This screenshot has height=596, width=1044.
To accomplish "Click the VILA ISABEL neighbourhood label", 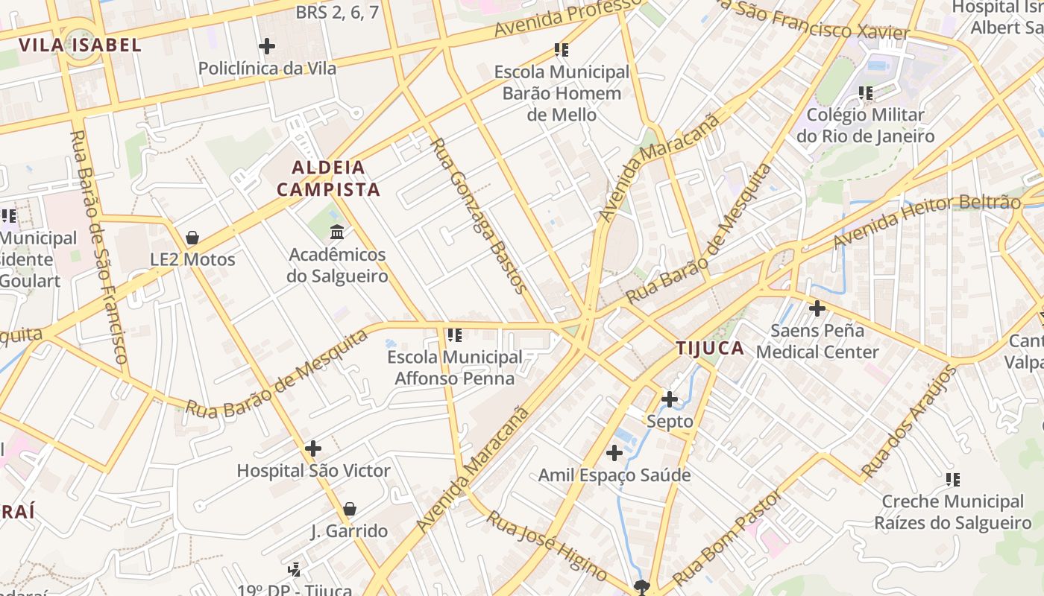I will tap(80, 45).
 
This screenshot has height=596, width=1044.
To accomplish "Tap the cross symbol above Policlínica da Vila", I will tap(267, 46).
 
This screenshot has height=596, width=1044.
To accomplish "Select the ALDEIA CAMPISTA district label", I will tap(329, 178).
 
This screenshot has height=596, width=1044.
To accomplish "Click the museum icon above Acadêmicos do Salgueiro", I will tap(337, 232).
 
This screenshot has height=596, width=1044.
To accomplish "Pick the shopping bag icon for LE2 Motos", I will tap(192, 238).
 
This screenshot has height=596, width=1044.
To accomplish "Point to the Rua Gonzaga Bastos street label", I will tap(479, 215).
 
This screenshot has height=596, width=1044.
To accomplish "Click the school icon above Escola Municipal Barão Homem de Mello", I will tap(562, 50).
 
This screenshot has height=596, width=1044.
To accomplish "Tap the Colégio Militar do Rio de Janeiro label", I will tap(865, 126).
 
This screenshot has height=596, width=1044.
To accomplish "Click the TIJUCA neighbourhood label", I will tap(710, 348).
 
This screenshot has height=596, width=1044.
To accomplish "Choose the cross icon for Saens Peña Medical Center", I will tap(817, 308).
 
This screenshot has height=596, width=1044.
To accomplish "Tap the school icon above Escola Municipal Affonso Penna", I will tap(455, 335).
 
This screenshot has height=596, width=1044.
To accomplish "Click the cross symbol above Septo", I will tap(670, 399).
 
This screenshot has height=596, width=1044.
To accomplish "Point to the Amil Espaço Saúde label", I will tap(614, 475).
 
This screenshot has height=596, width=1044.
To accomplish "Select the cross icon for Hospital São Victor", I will tap(313, 448).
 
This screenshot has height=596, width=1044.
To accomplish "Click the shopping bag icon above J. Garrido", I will tap(349, 509).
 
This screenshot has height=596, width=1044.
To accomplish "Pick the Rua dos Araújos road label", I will tap(908, 422).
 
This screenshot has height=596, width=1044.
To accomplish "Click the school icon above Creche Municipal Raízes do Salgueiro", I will tap(952, 480).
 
